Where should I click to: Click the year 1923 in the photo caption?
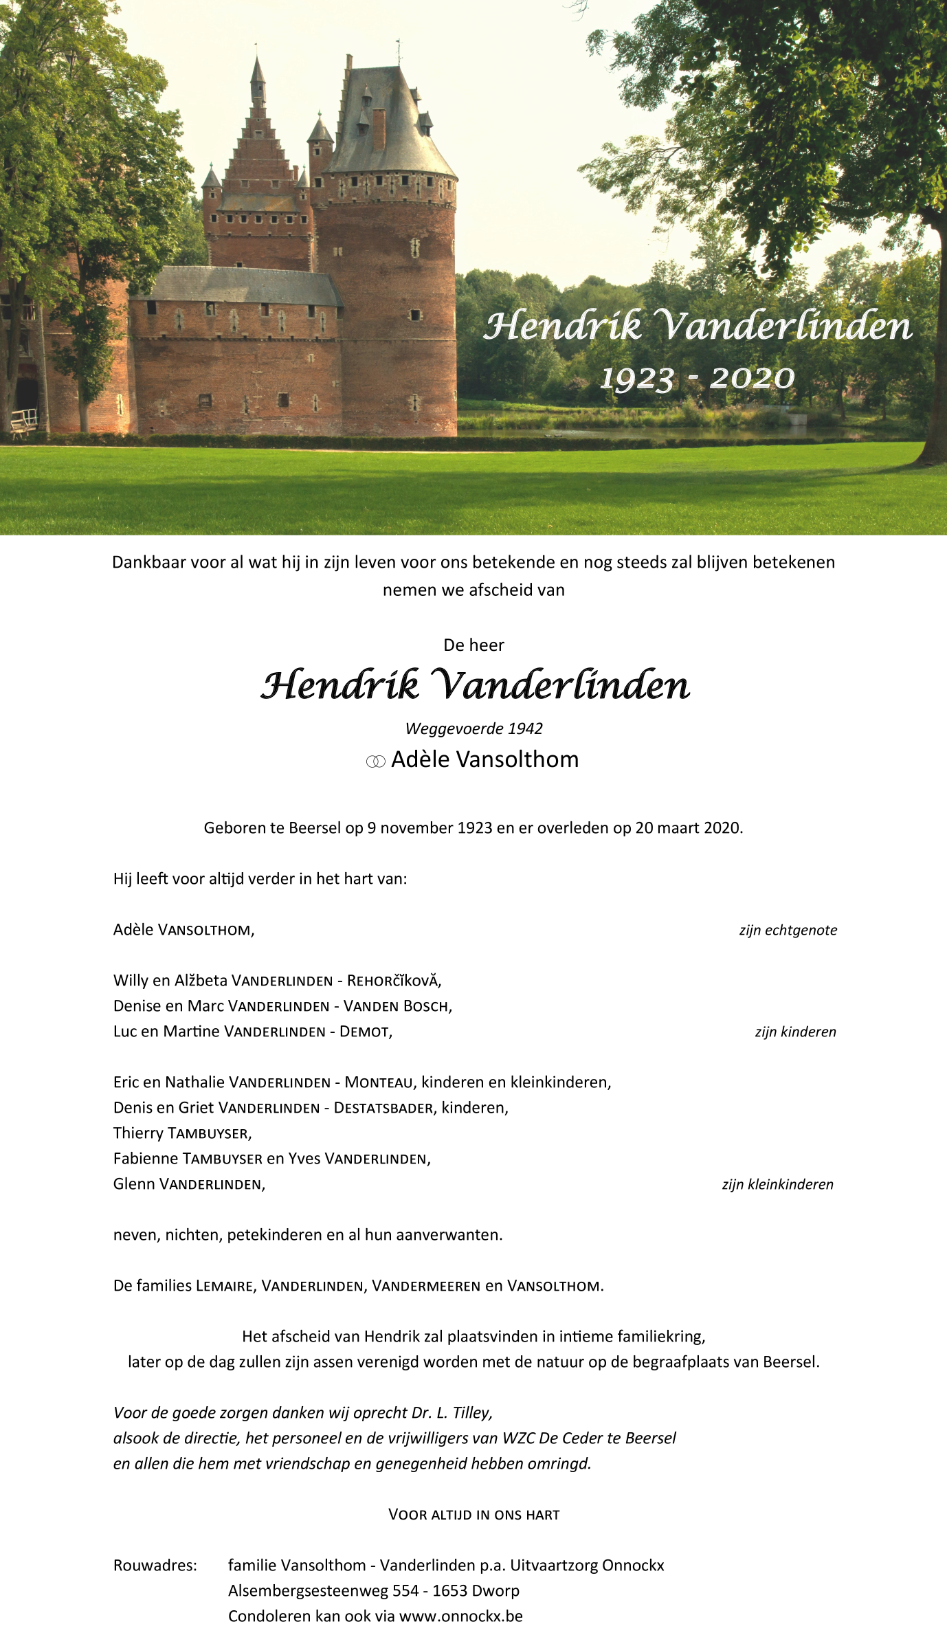point(636,379)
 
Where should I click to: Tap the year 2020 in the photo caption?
point(752,379)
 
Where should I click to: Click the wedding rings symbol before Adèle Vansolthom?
point(375,761)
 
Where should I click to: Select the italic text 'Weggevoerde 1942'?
point(473,729)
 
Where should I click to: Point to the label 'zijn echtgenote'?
point(788,930)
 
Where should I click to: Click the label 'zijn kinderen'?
point(795,1032)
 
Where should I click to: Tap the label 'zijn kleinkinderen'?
point(777,1184)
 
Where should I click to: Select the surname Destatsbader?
point(383,1108)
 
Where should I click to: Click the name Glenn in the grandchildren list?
point(134,1184)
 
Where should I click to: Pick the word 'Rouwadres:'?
point(155,1566)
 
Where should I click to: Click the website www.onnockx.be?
point(460,1616)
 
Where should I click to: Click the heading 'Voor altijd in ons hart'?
point(473,1515)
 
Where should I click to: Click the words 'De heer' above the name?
point(473,645)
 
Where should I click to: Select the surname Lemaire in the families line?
point(225,1286)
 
